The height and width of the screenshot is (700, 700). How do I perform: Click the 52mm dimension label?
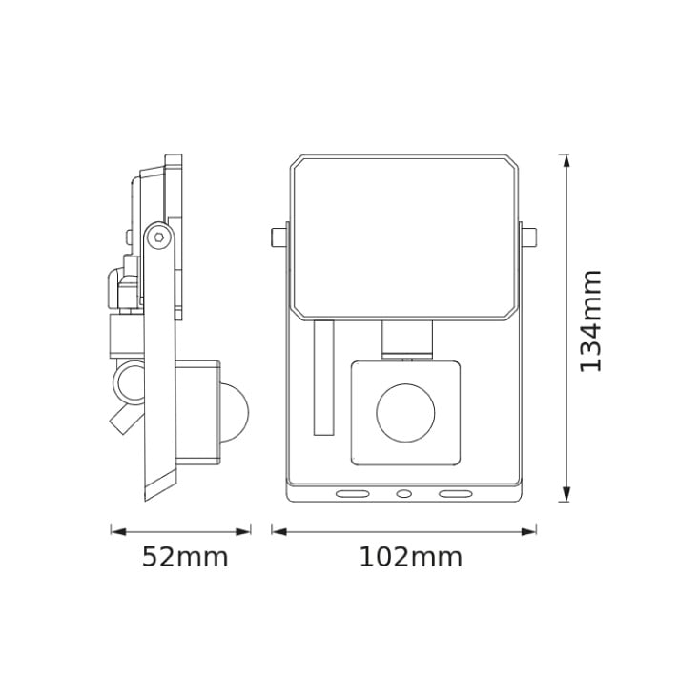(x=185, y=557)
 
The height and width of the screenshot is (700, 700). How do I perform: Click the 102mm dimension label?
(x=410, y=557)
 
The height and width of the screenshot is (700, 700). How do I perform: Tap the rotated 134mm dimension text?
(x=591, y=320)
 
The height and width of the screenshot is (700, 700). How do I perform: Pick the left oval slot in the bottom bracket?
(x=353, y=494)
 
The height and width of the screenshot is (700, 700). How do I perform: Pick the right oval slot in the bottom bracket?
(x=455, y=494)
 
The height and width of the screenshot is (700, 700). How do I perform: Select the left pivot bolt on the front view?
(x=278, y=235)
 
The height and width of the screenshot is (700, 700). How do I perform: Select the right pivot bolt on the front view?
(x=529, y=235)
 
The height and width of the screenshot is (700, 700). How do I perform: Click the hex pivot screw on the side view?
(x=158, y=238)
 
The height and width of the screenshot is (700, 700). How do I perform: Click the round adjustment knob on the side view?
(x=126, y=383)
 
